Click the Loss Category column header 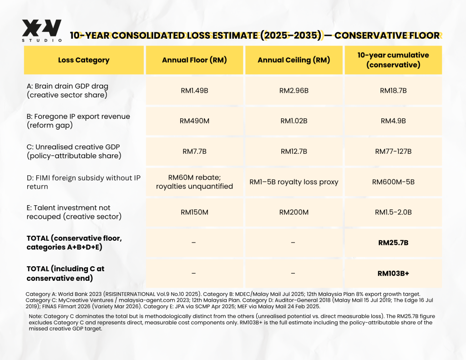tap(84, 60)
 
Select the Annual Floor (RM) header tap(194, 60)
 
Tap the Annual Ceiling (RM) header tap(294, 60)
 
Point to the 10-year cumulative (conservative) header tap(393, 60)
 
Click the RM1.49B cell tap(194, 91)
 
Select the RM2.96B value tap(294, 91)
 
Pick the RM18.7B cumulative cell tap(393, 91)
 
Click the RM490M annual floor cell tap(194, 121)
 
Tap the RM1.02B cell tap(294, 121)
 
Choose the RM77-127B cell tap(393, 152)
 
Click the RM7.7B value tap(194, 152)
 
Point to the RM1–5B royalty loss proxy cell tap(294, 182)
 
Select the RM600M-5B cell tap(393, 182)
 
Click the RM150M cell tap(194, 212)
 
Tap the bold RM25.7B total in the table tap(393, 243)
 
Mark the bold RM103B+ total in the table tap(393, 274)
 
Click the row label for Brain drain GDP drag tap(67, 91)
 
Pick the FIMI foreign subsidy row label tap(84, 182)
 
